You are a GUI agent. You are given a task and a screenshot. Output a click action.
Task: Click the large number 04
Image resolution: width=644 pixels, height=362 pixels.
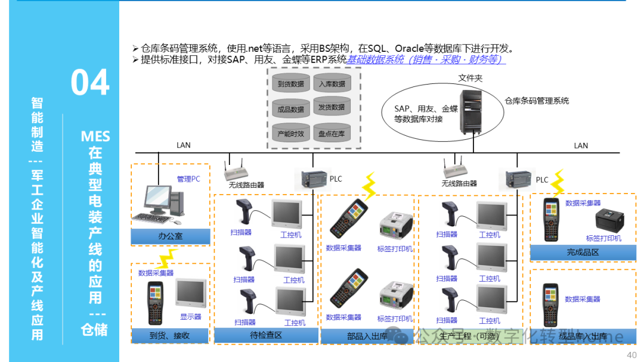90,83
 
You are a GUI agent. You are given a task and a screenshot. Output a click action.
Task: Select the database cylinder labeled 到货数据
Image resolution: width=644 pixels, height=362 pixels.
291,85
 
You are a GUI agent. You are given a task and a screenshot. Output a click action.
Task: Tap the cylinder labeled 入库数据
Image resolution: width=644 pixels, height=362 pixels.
332,84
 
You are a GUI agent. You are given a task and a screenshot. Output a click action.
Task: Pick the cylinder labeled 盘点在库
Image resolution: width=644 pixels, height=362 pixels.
332,134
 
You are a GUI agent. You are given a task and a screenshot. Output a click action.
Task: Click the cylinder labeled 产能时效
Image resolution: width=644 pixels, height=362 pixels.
291,134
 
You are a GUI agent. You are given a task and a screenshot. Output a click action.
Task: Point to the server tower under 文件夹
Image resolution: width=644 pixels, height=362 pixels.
474,110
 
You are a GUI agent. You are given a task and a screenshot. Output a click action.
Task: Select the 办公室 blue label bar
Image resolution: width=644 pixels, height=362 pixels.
171,236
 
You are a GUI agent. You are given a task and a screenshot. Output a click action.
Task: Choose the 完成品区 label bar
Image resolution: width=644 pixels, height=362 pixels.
583,253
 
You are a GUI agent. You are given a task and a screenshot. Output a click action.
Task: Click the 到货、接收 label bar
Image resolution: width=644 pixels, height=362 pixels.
171,336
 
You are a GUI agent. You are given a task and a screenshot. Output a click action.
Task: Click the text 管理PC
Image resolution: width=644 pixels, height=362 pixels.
188,179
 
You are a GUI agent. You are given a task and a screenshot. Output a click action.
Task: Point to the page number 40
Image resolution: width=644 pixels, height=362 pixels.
632,355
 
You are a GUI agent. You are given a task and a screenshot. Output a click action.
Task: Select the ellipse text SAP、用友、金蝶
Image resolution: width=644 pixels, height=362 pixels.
426,109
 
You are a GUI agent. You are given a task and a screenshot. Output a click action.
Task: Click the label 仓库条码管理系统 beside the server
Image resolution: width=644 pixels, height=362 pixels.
537,101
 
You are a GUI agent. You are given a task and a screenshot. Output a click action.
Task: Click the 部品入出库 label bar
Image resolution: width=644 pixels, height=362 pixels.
367,337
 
